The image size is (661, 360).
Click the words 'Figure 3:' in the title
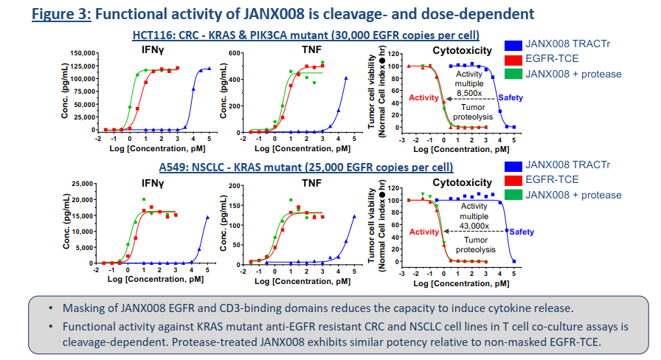(61, 14)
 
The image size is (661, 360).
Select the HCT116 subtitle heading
(306, 35)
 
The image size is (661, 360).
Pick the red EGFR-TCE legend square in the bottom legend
(514, 180)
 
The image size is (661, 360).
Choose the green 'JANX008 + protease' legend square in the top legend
(514, 74)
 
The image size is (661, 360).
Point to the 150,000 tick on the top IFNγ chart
(81, 54)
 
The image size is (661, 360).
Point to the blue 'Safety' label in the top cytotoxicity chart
(511, 98)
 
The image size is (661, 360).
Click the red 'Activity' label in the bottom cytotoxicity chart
(424, 232)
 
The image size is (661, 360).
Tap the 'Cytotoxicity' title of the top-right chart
(462, 50)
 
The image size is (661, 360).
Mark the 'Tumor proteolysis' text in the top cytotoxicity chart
(468, 112)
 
